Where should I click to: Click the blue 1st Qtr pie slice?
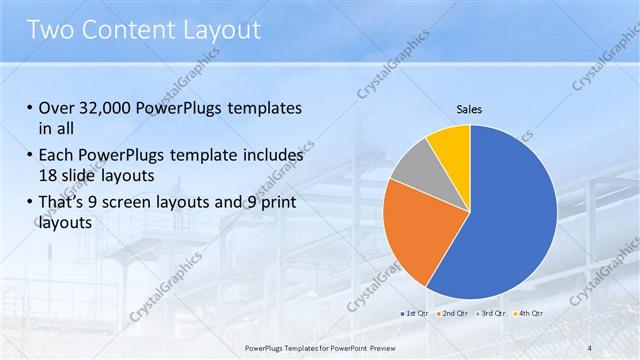510,220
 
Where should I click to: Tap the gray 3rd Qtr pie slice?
412,165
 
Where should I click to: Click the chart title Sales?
470,108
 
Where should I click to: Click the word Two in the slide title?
49,30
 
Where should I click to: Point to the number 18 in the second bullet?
50,174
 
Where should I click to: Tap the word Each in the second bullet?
58,156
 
